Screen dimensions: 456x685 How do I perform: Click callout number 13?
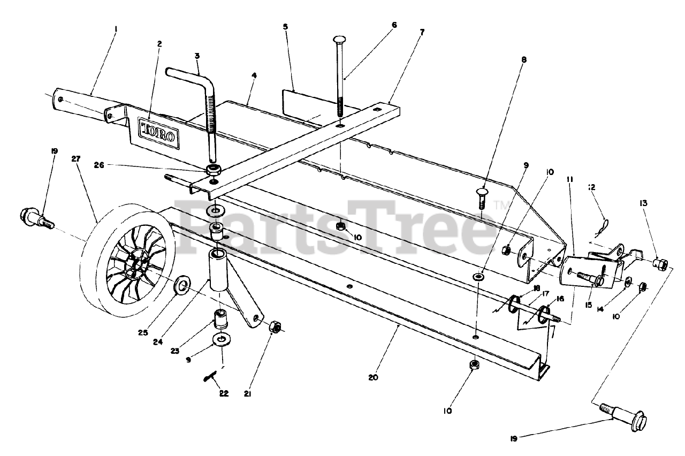(643, 203)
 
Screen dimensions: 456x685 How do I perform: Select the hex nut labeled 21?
(276, 326)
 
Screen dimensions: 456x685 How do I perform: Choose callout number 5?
(285, 26)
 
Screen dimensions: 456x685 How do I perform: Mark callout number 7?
(422, 32)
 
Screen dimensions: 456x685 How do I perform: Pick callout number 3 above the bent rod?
(197, 55)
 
